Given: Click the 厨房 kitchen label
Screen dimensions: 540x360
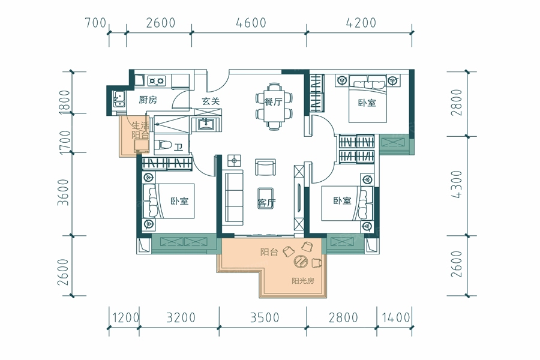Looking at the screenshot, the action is pos(148,100).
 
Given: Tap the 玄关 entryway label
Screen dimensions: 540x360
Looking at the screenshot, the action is pos(211,101).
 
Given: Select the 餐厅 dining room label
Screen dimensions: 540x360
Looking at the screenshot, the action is pos(274,101).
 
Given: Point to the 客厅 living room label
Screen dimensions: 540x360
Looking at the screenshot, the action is pos(266,203).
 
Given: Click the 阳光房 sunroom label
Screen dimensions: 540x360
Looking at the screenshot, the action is pos(303,281).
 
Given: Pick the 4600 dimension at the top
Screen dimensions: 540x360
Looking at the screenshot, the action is pos(251,23).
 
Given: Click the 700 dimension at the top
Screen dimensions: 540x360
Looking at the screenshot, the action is pos(95,23).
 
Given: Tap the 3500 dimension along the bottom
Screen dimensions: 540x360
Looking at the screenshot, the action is pos(264,317).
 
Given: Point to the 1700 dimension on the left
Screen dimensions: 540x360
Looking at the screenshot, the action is pos(65,142).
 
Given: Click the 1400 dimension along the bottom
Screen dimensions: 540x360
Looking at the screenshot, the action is pos(395,317).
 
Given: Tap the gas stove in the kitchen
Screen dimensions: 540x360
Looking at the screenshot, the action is pos(157,81).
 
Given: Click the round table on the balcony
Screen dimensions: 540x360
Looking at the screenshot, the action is pos(301,262).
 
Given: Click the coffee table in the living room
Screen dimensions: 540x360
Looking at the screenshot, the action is pos(265,197).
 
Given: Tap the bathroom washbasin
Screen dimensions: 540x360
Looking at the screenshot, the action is pos(206,124).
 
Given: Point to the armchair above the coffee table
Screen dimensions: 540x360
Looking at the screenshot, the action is pos(265,167).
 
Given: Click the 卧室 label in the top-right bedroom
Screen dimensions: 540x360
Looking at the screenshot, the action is pos(367,103).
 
